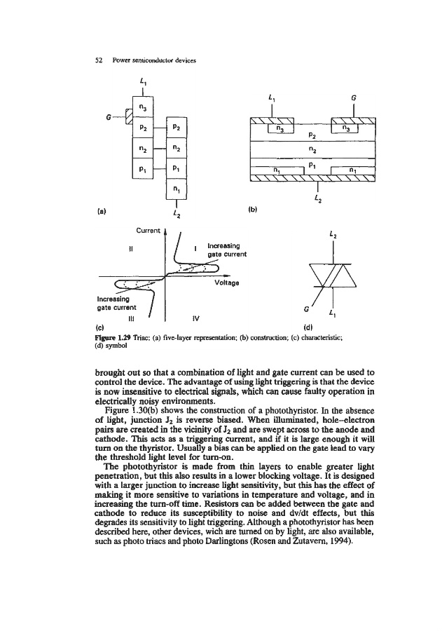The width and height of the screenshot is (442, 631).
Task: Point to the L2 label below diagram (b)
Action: [319, 200]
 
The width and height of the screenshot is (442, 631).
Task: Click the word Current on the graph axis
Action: [147, 229]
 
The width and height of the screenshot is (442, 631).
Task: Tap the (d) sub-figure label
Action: [309, 326]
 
